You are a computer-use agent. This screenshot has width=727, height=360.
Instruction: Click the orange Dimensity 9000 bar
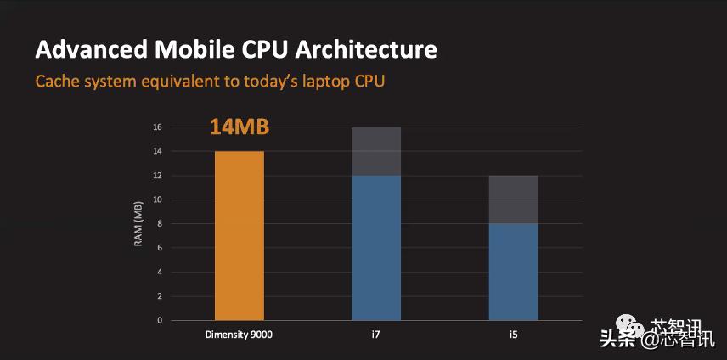click(x=240, y=235)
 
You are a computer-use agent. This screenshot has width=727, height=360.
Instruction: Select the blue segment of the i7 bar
click(x=376, y=248)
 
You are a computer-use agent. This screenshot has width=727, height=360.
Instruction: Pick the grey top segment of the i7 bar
click(x=376, y=151)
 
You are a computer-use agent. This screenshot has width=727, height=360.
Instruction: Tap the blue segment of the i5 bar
click(x=513, y=272)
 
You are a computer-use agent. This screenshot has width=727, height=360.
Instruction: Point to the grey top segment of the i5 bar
click(x=513, y=200)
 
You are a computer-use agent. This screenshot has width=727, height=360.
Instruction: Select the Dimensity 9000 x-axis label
click(x=239, y=334)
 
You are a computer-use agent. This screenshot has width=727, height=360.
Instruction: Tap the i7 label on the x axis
click(x=375, y=334)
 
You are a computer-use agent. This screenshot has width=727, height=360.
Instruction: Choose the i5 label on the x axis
click(x=513, y=334)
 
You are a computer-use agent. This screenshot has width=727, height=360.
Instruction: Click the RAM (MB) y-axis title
click(x=138, y=224)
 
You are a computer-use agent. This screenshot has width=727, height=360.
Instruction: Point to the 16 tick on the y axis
click(x=156, y=127)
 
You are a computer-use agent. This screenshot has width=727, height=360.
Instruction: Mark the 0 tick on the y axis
click(x=159, y=321)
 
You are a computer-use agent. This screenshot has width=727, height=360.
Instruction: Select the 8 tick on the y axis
click(x=159, y=224)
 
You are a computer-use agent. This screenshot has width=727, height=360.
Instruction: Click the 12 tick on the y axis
click(x=156, y=176)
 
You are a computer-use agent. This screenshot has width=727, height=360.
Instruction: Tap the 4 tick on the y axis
click(x=159, y=273)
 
